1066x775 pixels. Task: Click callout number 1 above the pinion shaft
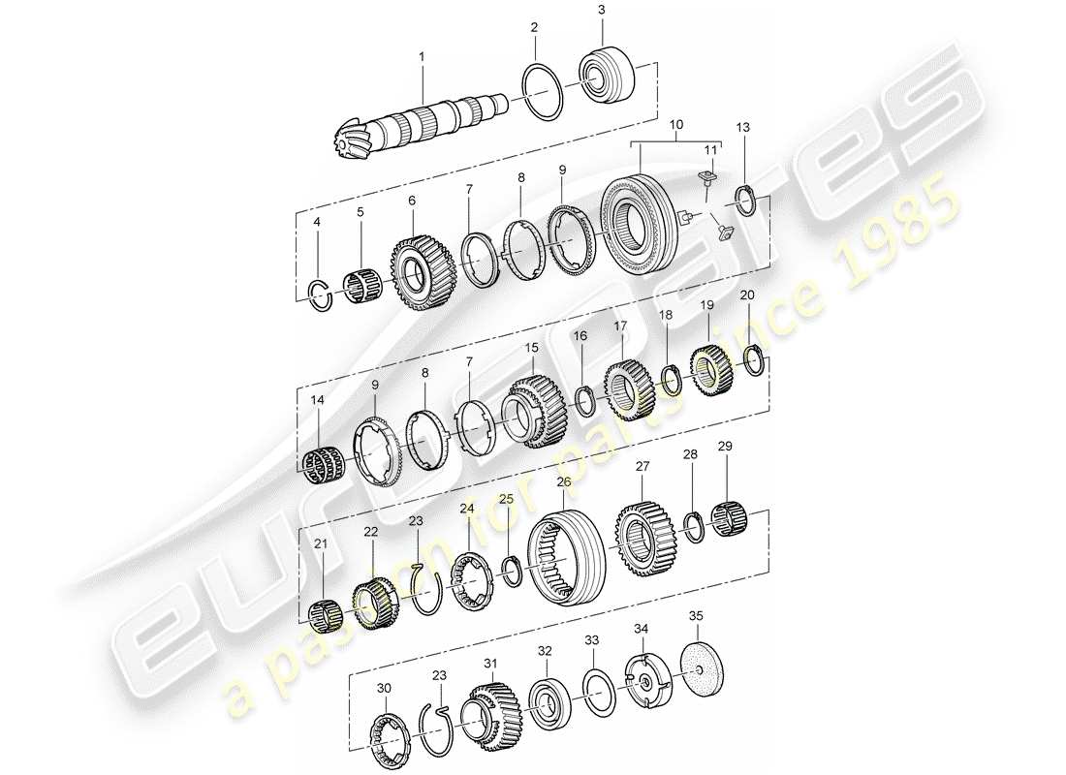coord(422,57)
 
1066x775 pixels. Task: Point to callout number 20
coord(747,295)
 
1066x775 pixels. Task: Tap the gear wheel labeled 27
coord(643,538)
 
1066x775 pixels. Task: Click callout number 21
coord(321,544)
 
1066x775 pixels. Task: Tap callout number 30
coord(385,687)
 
